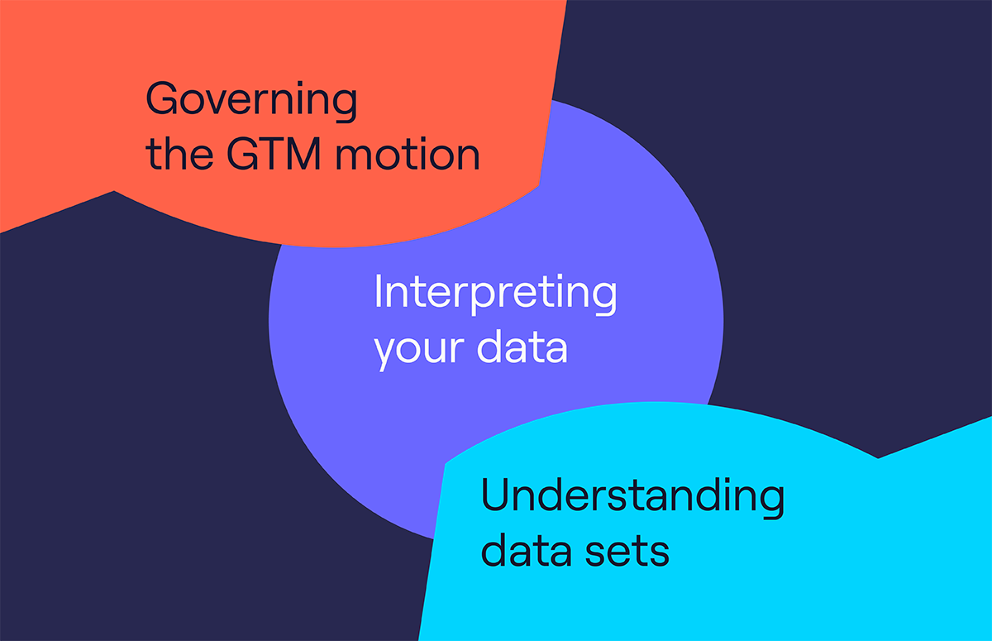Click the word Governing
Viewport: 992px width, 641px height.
[251, 102]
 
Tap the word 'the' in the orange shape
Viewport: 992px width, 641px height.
[179, 153]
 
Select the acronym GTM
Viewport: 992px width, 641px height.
[274, 154]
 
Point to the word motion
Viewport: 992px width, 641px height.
[408, 155]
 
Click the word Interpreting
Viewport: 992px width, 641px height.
[495, 294]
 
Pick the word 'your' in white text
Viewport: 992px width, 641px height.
[420, 349]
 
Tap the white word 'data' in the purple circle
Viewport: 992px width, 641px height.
[522, 346]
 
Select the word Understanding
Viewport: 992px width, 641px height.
[633, 496]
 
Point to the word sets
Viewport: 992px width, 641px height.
[627, 552]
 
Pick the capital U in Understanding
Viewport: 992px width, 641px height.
[494, 495]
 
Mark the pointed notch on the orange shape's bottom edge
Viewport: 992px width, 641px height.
[114, 191]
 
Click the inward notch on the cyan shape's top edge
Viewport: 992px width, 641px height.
[878, 457]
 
